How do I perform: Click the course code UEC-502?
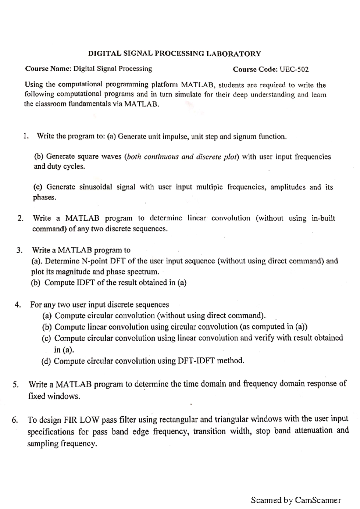[x=294, y=70]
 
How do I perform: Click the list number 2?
[x=20, y=218]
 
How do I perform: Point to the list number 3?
[x=19, y=250]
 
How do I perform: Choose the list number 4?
[x=18, y=305]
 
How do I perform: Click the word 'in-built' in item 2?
[x=323, y=218]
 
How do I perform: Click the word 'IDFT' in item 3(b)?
[x=86, y=283]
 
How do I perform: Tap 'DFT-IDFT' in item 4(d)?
[x=196, y=361]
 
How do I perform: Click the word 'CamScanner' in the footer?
[x=318, y=500]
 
